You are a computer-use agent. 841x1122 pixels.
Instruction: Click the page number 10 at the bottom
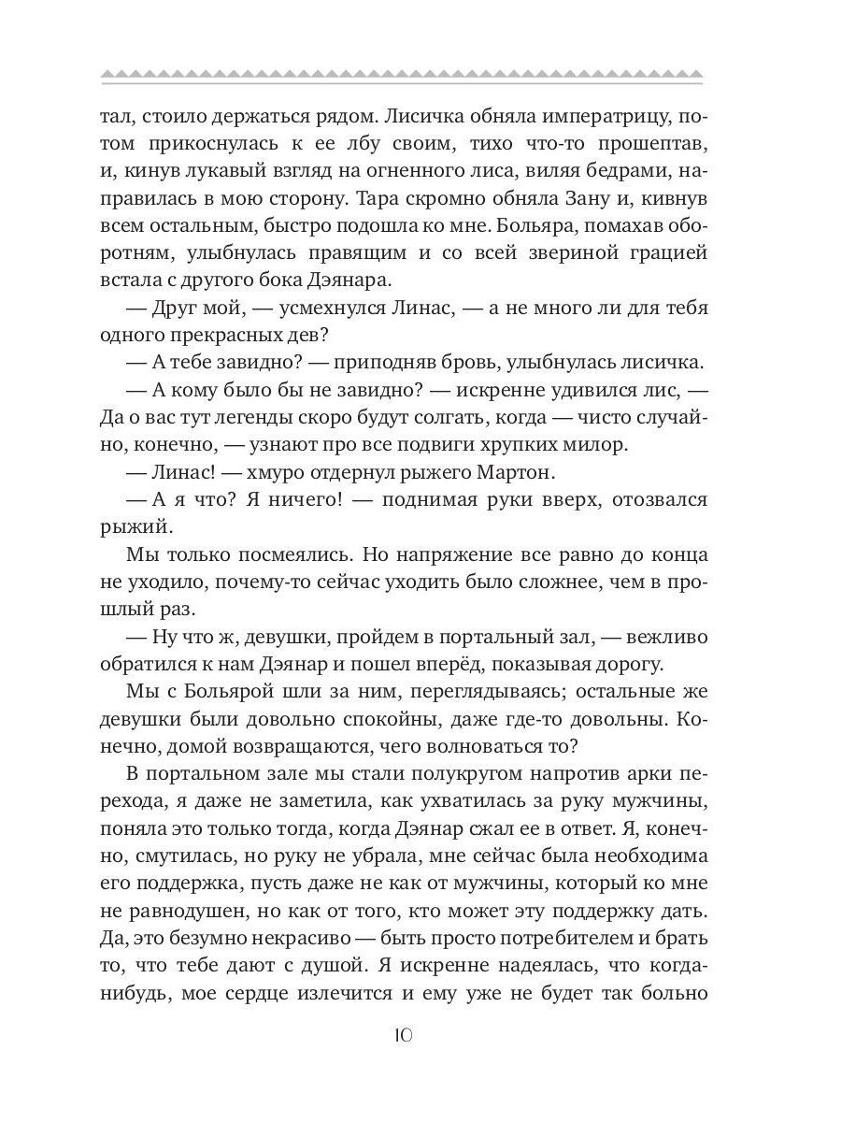pos(402,1036)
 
